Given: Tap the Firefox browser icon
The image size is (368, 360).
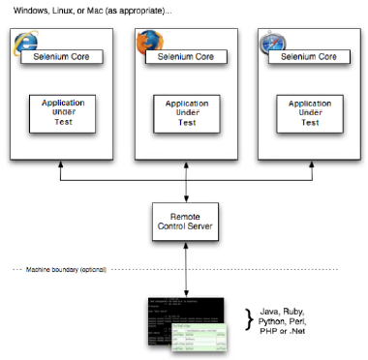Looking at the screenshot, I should (148, 43).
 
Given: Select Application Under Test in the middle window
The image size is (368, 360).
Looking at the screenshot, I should (186, 110).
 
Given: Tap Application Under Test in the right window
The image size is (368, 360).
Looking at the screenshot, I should (311, 110).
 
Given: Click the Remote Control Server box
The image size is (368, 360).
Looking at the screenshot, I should (185, 220).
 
